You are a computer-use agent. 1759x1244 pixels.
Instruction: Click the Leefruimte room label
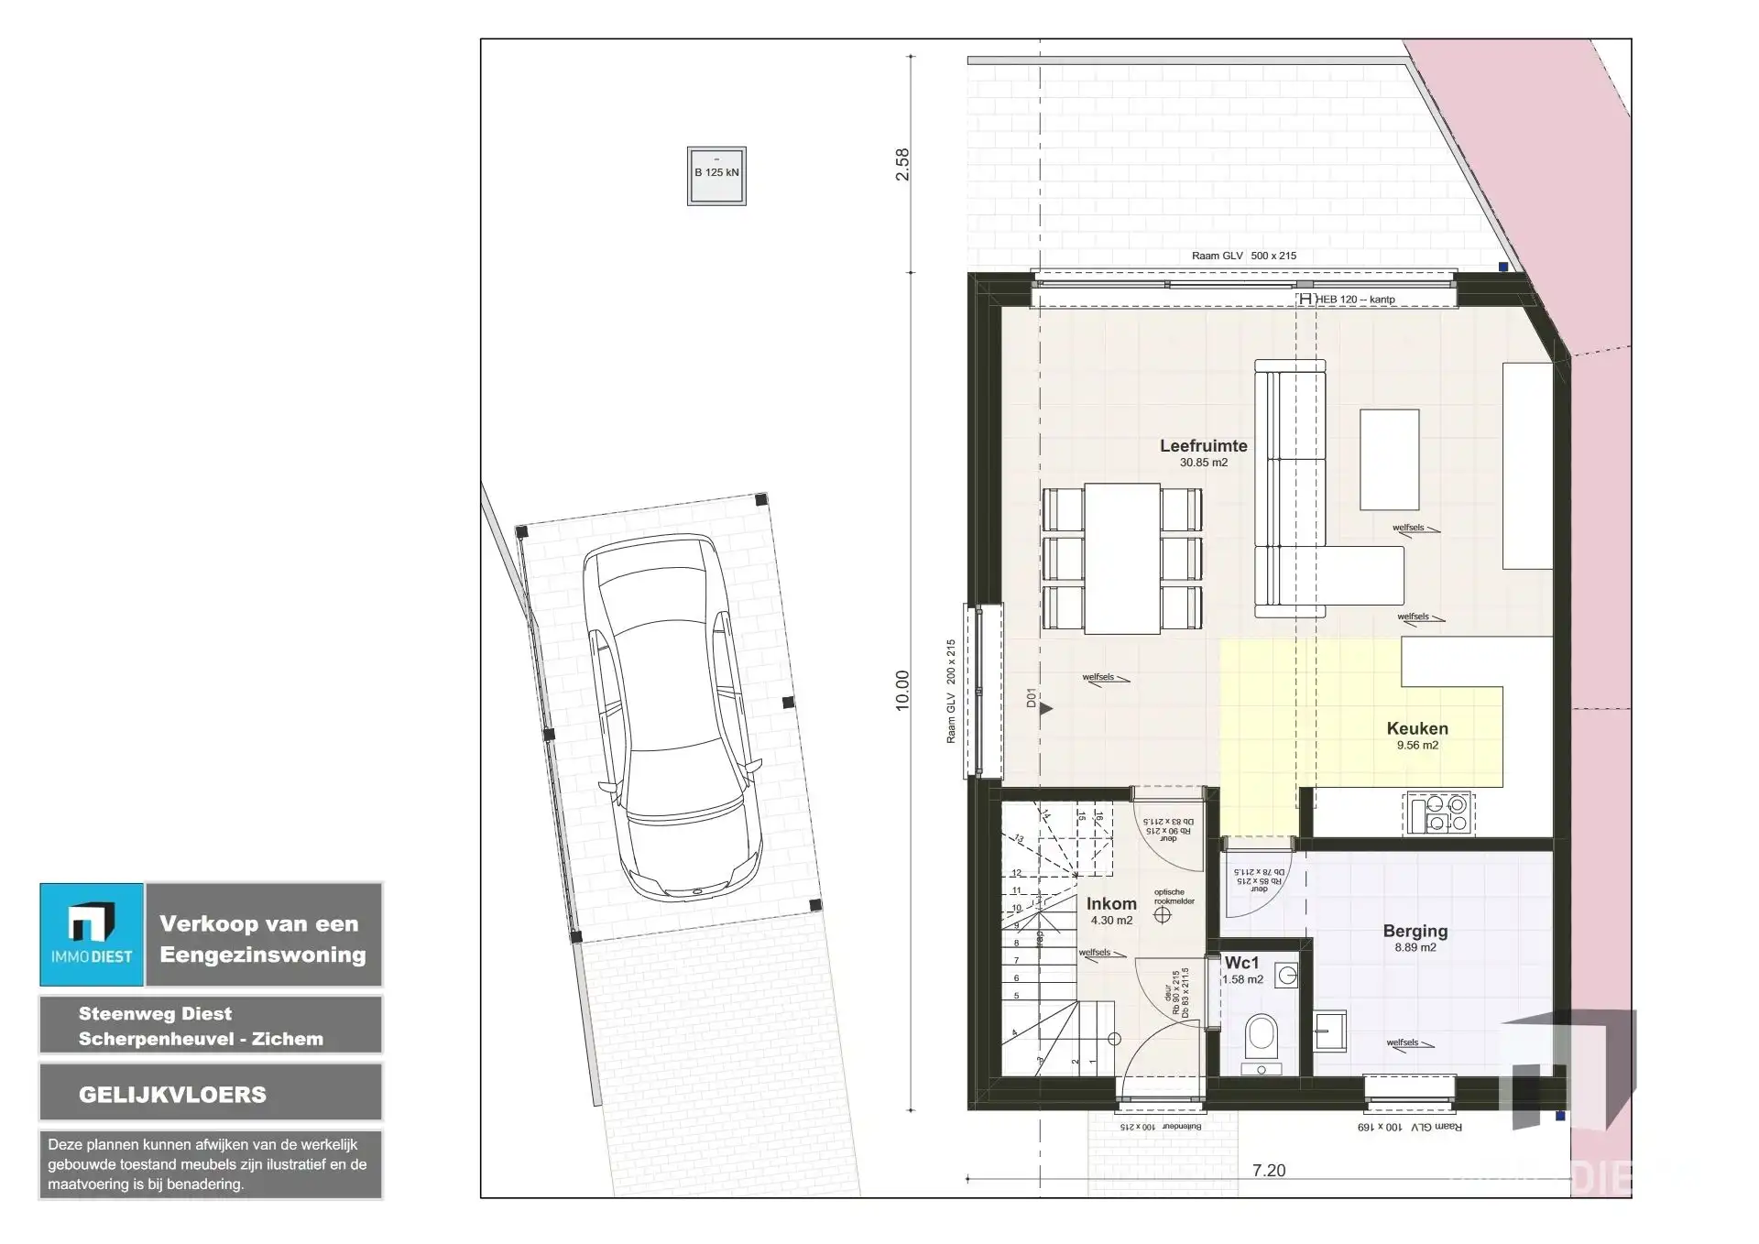[1203, 447]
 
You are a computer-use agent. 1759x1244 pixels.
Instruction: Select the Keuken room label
[1416, 729]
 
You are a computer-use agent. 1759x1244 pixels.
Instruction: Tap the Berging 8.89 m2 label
[1415, 938]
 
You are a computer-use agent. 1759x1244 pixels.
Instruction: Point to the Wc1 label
[1241, 963]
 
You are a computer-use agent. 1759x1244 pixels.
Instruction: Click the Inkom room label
[1111, 904]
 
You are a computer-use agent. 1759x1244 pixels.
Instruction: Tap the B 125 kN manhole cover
[716, 176]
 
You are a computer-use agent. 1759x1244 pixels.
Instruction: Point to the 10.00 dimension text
[903, 690]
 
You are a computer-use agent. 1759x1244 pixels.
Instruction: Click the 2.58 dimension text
[903, 164]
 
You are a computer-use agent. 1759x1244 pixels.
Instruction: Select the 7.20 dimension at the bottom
[1268, 1171]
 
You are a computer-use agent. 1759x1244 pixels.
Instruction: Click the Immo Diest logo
[92, 934]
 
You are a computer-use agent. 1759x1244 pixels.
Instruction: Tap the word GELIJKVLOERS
[172, 1095]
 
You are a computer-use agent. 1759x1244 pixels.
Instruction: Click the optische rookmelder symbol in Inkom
[1163, 914]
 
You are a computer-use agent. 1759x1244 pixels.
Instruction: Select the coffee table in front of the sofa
[1389, 459]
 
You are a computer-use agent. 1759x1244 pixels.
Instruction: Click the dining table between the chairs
[1122, 558]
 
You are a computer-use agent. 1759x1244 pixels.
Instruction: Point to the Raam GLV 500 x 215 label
[1243, 256]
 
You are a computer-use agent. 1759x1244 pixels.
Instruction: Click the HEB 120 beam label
[1354, 300]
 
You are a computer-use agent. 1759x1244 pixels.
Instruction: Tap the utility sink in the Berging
[1328, 1031]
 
